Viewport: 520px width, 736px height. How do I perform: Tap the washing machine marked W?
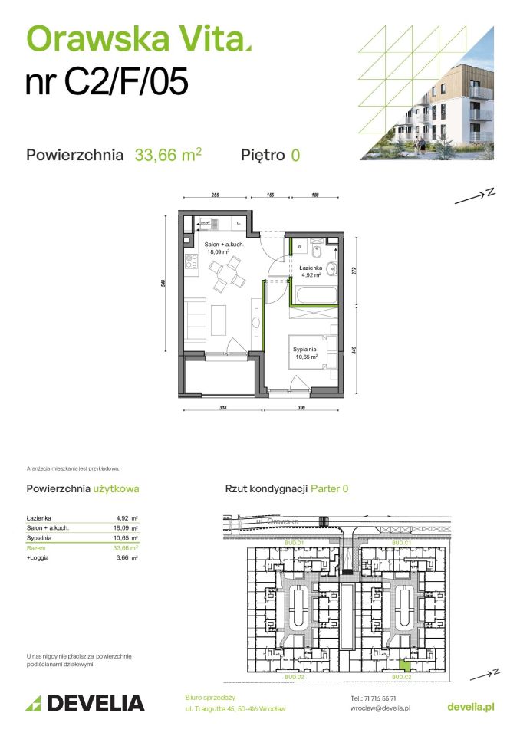(x=300, y=247)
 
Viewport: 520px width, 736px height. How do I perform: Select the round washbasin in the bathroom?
(x=331, y=268)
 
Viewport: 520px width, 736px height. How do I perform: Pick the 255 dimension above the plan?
(x=216, y=196)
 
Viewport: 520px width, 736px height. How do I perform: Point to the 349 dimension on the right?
(x=354, y=350)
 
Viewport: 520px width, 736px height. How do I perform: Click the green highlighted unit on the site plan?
(x=403, y=667)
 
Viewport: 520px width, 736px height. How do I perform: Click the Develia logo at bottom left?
(x=85, y=702)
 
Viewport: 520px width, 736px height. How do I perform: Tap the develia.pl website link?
(x=472, y=703)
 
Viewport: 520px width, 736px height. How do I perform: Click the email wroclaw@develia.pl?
(x=380, y=708)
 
